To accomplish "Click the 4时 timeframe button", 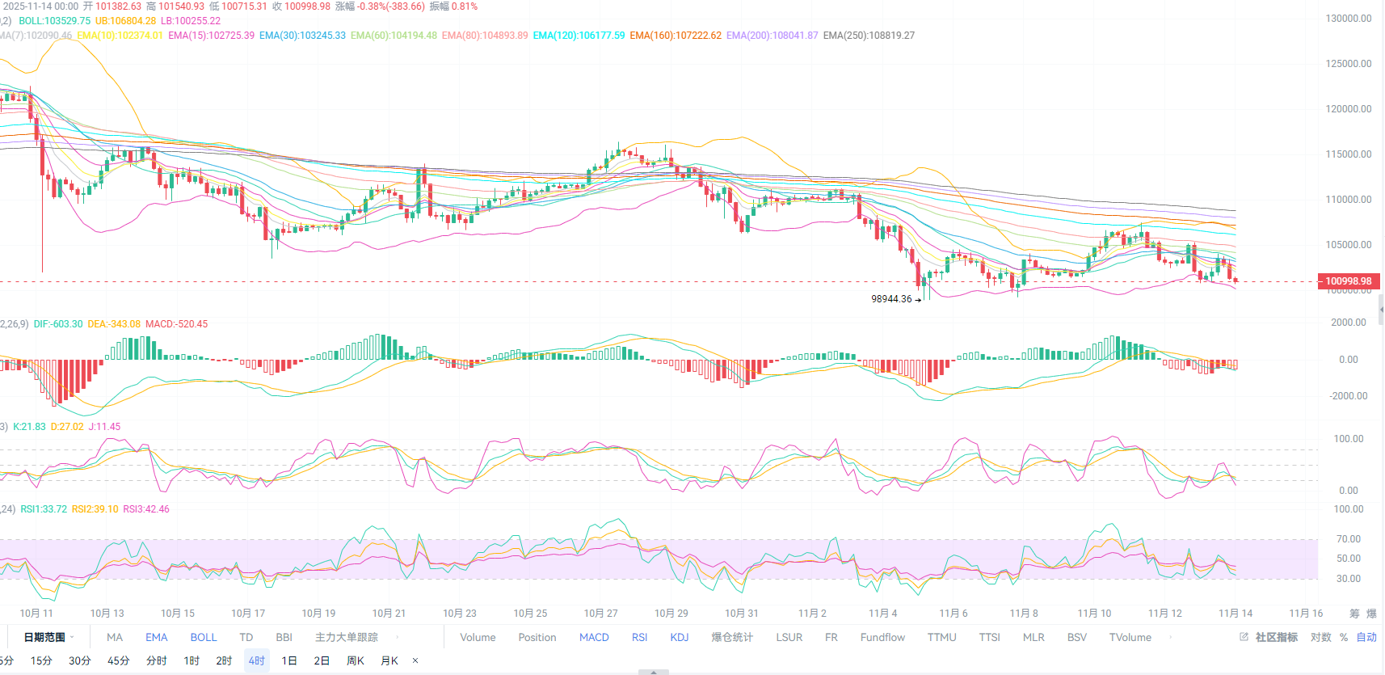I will pos(256,660).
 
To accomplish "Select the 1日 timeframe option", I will pos(288,660).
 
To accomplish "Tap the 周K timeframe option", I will pos(355,660).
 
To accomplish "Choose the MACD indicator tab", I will pos(594,637).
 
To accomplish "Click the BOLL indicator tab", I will pos(204,637).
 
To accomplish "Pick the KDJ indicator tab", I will pos(679,637).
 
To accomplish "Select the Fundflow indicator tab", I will pos(882,637).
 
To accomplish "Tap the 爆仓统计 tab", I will pos(731,637).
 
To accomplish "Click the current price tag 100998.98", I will pos(1348,281).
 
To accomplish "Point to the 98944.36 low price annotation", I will pos(891,299).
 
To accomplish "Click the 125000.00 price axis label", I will pos(1348,64).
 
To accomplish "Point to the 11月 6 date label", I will pos(953,614).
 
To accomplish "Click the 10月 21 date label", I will pos(389,614).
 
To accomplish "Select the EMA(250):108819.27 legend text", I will pos(869,36).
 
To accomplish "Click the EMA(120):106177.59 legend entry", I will pos(579,36).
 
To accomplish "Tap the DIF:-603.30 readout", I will pos(58,324).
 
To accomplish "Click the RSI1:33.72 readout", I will pos(44,509).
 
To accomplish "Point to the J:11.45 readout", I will pos(104,427).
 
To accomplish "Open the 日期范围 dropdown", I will pos(48,637).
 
